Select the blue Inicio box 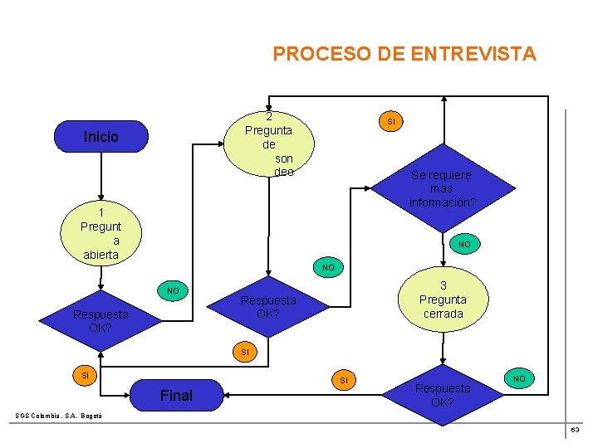(x=100, y=137)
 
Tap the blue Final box (x=175, y=396)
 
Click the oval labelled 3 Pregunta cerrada (x=443, y=299)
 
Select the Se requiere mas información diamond (x=441, y=188)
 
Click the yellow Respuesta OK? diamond (x=267, y=307)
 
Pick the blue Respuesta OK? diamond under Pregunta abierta (x=100, y=320)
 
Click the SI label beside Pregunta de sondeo (x=391, y=122)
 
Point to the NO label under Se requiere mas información (x=464, y=244)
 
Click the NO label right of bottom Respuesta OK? (x=519, y=378)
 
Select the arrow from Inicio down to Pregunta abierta (x=100, y=178)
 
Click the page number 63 (x=575, y=430)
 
